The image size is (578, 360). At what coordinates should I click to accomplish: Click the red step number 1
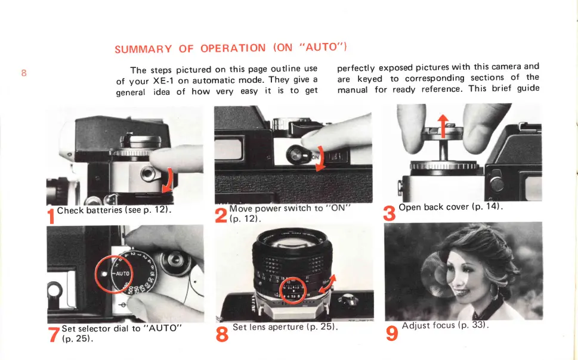(x=51, y=216)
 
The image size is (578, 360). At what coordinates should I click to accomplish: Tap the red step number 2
(x=221, y=215)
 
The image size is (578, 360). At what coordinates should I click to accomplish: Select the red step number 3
(x=390, y=213)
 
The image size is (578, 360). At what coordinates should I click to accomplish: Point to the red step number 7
(x=54, y=334)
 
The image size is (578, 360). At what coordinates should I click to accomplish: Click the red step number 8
(x=222, y=334)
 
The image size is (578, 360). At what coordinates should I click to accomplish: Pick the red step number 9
(x=392, y=333)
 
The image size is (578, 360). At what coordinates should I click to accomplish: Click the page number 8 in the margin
(x=24, y=73)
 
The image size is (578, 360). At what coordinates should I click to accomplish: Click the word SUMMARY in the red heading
(x=143, y=49)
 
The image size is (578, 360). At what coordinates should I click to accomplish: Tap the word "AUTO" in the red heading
(x=322, y=47)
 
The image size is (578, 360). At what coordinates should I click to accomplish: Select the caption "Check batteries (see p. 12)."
(x=114, y=210)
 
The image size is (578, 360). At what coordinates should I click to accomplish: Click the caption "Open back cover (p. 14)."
(x=450, y=207)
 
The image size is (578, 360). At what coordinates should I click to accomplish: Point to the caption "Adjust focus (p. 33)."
(x=446, y=325)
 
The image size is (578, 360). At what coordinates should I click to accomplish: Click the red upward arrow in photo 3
(x=443, y=126)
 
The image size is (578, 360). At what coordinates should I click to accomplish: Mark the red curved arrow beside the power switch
(x=321, y=159)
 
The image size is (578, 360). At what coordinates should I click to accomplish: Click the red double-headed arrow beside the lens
(x=327, y=284)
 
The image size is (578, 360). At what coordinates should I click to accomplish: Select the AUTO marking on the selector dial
(x=123, y=274)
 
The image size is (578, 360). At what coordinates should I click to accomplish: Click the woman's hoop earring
(x=494, y=291)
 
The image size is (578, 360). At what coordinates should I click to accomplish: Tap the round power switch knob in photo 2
(x=295, y=155)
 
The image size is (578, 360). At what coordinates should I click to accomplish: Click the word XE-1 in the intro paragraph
(x=163, y=80)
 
